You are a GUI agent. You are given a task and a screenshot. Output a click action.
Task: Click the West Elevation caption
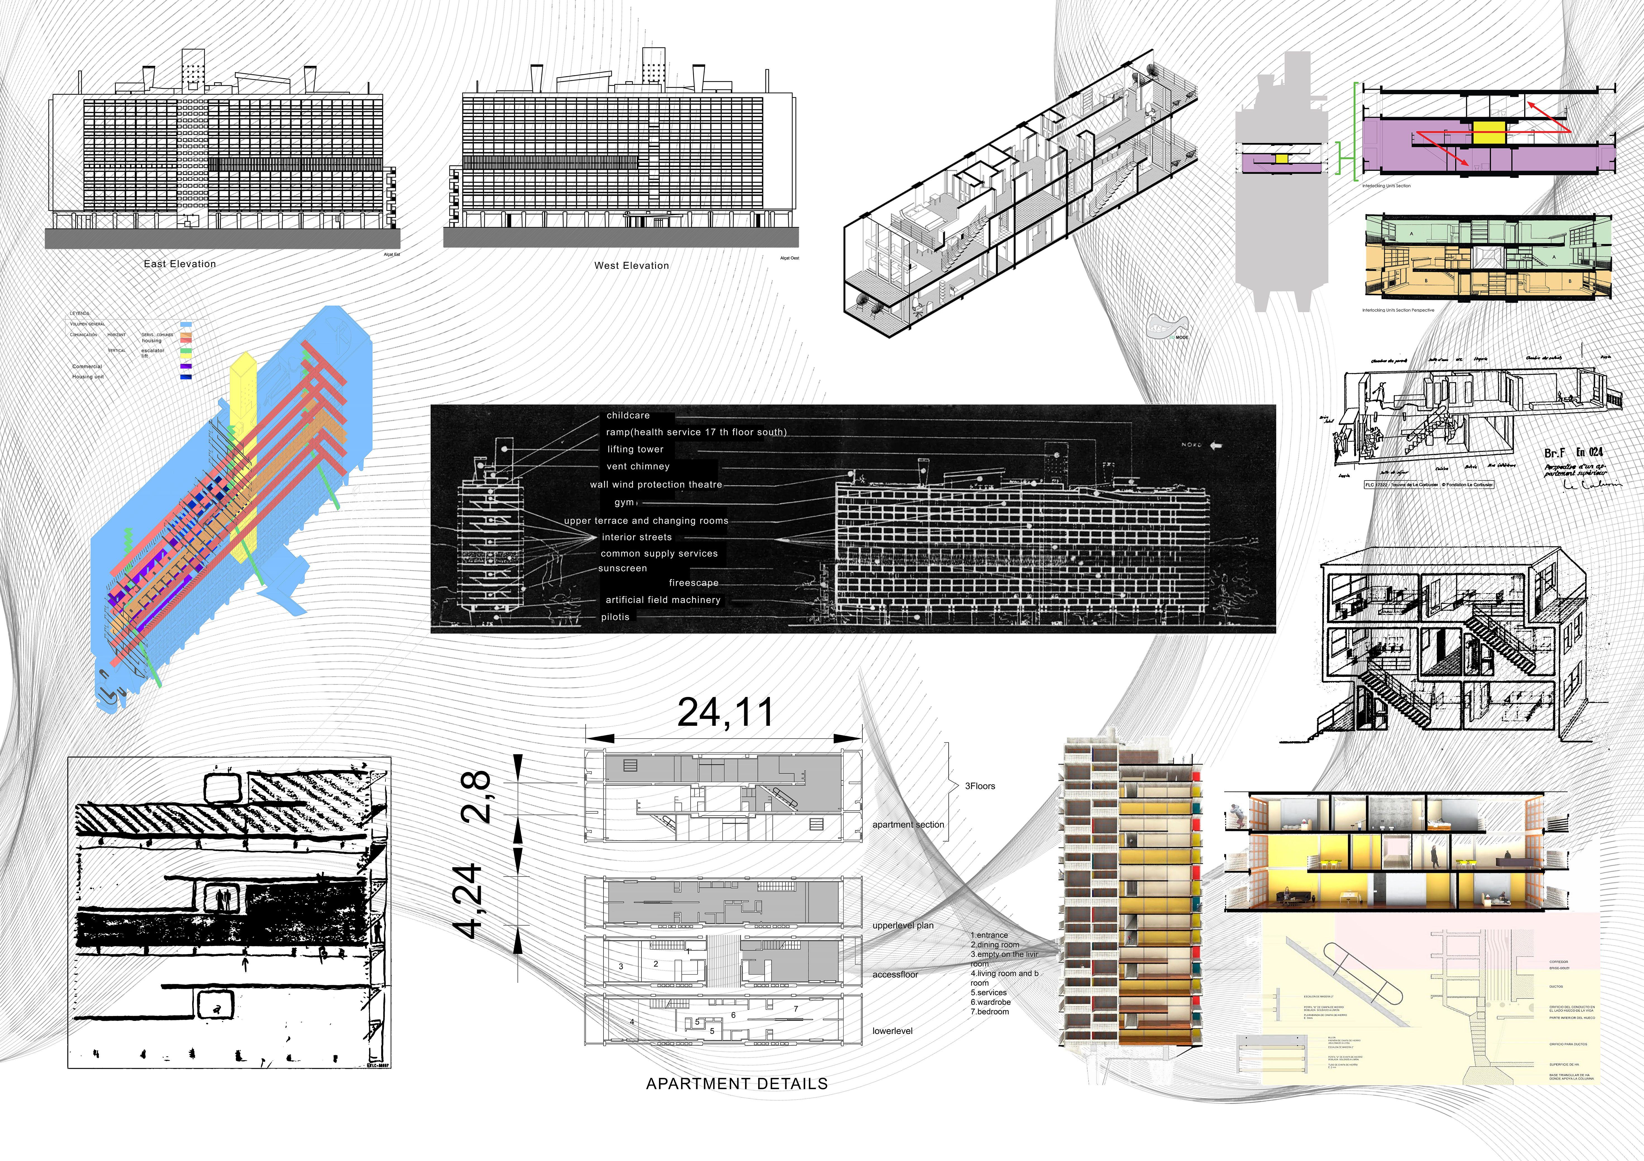631,266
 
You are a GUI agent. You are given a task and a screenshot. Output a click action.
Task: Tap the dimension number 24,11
725,712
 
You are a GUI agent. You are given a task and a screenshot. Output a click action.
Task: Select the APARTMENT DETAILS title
737,1084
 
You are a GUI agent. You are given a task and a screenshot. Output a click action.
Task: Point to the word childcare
628,415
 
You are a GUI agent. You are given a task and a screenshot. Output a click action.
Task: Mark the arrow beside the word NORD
1216,445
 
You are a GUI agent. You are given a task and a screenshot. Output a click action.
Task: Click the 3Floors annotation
980,786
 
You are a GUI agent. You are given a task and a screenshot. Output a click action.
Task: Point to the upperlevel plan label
903,926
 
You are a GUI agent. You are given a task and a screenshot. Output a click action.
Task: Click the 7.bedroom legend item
989,1011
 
